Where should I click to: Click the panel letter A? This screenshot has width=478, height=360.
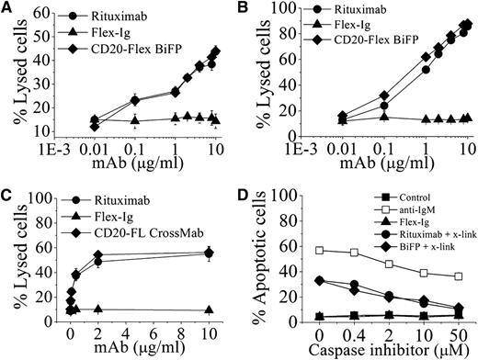tap(9, 9)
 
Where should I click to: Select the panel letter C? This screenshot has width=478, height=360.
tap(9, 192)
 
